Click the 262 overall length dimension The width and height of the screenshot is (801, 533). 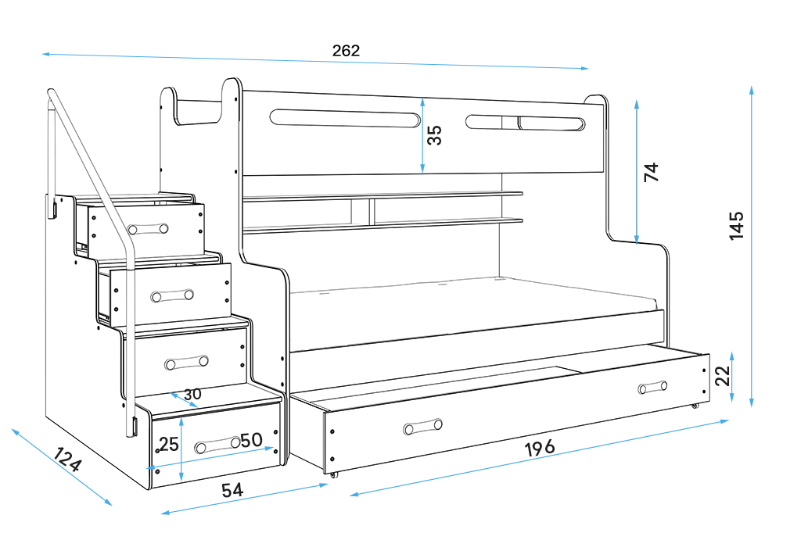346,51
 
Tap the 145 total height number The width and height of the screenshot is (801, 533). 736,225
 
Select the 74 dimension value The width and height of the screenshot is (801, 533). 652,173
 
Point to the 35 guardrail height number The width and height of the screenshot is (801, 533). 435,135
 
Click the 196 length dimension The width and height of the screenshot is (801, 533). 540,448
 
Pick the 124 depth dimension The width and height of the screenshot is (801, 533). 67,460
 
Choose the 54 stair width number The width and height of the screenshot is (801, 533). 232,490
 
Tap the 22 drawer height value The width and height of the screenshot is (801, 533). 723,376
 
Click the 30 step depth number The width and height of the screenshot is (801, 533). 192,394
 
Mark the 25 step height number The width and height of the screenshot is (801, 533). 169,445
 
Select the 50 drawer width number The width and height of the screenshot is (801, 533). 250,440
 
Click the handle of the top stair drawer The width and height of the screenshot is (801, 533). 149,228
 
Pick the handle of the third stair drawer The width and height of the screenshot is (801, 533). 187,363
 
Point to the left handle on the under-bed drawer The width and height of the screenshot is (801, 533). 423,427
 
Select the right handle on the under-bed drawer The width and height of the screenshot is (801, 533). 652,388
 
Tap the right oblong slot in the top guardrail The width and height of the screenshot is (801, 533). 525,123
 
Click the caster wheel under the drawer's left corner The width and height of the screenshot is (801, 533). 335,474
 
